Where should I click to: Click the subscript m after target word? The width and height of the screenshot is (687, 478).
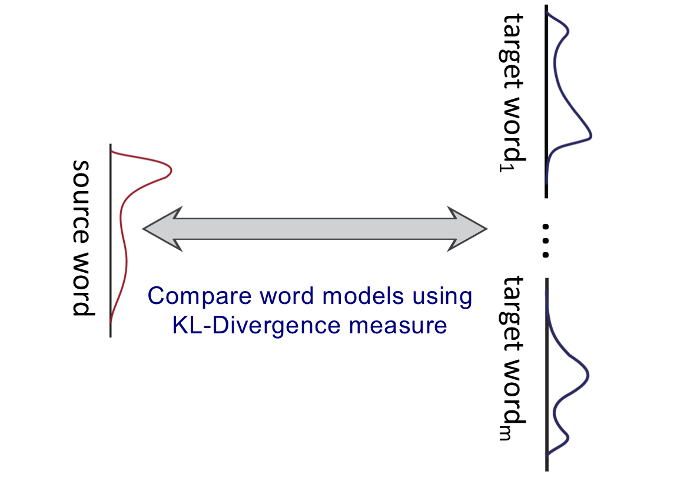[x=504, y=433]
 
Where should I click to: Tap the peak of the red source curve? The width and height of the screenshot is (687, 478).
[x=170, y=171]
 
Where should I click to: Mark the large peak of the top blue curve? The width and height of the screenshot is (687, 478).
[x=590, y=136]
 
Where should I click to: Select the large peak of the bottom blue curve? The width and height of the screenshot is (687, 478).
[x=588, y=375]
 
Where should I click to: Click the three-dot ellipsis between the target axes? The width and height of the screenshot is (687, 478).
[x=546, y=240]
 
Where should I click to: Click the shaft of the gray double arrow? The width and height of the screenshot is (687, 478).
[x=315, y=228]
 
